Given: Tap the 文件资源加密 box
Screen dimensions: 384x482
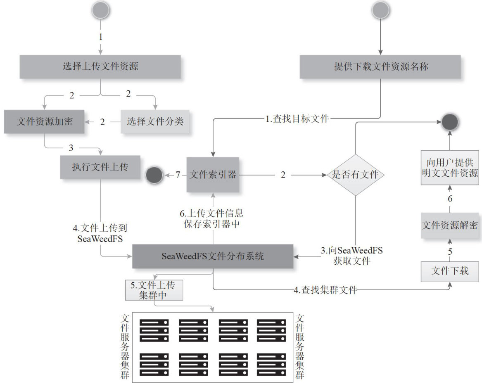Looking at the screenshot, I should tap(44, 121).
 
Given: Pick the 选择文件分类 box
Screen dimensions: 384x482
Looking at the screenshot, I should tap(155, 121).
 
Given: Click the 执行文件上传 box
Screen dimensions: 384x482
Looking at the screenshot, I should tap(100, 167).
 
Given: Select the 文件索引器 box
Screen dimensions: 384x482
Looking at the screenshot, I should tap(212, 175).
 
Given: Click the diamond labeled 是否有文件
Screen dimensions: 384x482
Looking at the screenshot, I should tap(356, 175).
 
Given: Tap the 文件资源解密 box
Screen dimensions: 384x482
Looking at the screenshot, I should tap(450, 225).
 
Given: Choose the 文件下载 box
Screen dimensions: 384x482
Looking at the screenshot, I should tap(450, 271).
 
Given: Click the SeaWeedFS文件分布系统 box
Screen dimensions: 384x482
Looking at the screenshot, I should tap(212, 256).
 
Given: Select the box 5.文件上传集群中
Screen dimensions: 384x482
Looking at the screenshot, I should tap(154, 290).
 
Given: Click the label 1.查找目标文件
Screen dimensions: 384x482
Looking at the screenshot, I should tap(297, 119).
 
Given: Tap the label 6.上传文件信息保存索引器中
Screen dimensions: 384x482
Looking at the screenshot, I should tap(213, 220).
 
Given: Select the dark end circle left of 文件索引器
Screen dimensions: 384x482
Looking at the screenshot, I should tap(154, 175).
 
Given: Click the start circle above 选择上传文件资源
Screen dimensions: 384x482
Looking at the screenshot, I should tap(100, 10).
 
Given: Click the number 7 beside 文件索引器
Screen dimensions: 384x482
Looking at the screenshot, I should tap(178, 175).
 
